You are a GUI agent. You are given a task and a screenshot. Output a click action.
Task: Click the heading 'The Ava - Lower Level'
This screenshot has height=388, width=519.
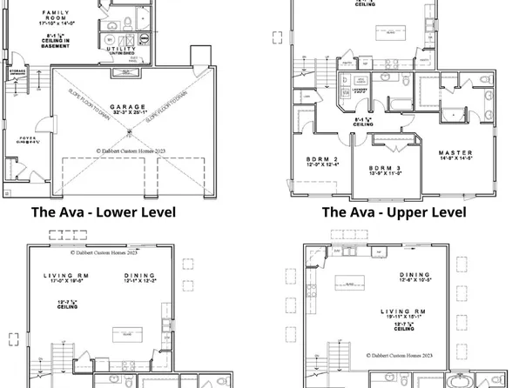104,211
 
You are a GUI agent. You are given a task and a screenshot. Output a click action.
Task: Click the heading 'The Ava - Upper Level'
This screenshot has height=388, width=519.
394,211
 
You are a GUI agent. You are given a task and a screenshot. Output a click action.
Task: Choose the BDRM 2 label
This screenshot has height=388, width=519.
322,159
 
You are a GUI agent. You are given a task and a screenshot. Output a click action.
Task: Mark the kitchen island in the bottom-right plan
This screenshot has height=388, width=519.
353,283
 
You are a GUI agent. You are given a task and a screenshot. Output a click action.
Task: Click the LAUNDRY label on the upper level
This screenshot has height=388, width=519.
358,88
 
